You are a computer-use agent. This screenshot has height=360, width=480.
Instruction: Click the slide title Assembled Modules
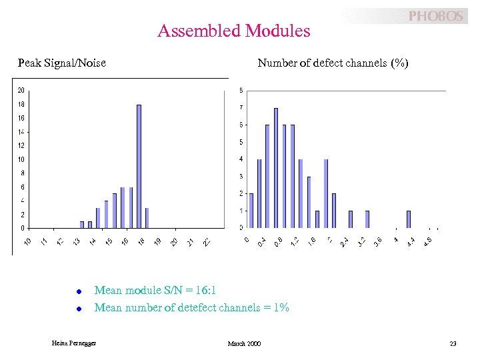coord(234,31)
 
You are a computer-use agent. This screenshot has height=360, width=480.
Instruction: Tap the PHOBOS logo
coord(435,16)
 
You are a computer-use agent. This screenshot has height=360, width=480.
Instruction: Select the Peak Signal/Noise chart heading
coord(62,63)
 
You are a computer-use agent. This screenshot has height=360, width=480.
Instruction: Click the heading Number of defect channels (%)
coord(333,63)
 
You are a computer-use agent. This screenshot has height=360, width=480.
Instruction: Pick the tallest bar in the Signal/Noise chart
coord(139,166)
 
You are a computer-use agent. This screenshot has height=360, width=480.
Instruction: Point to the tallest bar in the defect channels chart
coord(276,167)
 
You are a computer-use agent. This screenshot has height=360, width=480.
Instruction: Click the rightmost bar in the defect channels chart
coord(408,219)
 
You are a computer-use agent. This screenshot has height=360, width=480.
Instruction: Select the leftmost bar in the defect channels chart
coord(251,211)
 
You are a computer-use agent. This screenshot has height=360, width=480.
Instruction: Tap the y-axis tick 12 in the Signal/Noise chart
coord(21,146)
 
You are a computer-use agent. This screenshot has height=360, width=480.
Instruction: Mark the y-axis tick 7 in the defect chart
coord(241,108)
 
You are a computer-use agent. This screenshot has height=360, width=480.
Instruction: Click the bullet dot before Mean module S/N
coord(78,291)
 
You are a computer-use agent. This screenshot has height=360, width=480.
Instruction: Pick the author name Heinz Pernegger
coord(74,343)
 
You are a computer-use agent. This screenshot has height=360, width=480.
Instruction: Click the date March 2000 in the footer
coord(244,343)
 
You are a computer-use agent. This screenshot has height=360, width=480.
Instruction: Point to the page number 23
coord(453,343)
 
